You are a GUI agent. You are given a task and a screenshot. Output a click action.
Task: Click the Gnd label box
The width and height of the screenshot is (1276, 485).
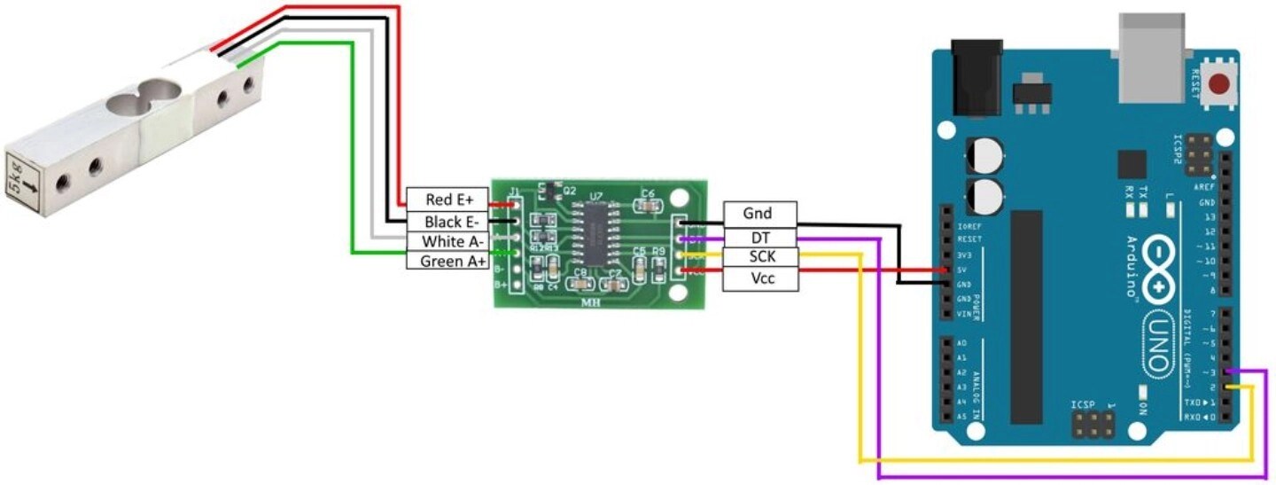click(x=759, y=214)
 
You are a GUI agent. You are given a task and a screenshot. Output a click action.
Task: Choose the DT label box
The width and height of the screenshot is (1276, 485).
click(x=759, y=237)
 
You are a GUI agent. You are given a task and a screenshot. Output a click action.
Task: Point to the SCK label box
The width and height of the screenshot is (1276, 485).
click(x=759, y=258)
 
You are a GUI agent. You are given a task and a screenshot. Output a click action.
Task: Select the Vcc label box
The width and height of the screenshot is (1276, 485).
click(x=759, y=279)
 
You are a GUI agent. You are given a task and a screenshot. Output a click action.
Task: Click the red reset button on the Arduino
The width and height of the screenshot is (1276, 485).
click(x=1221, y=85)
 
